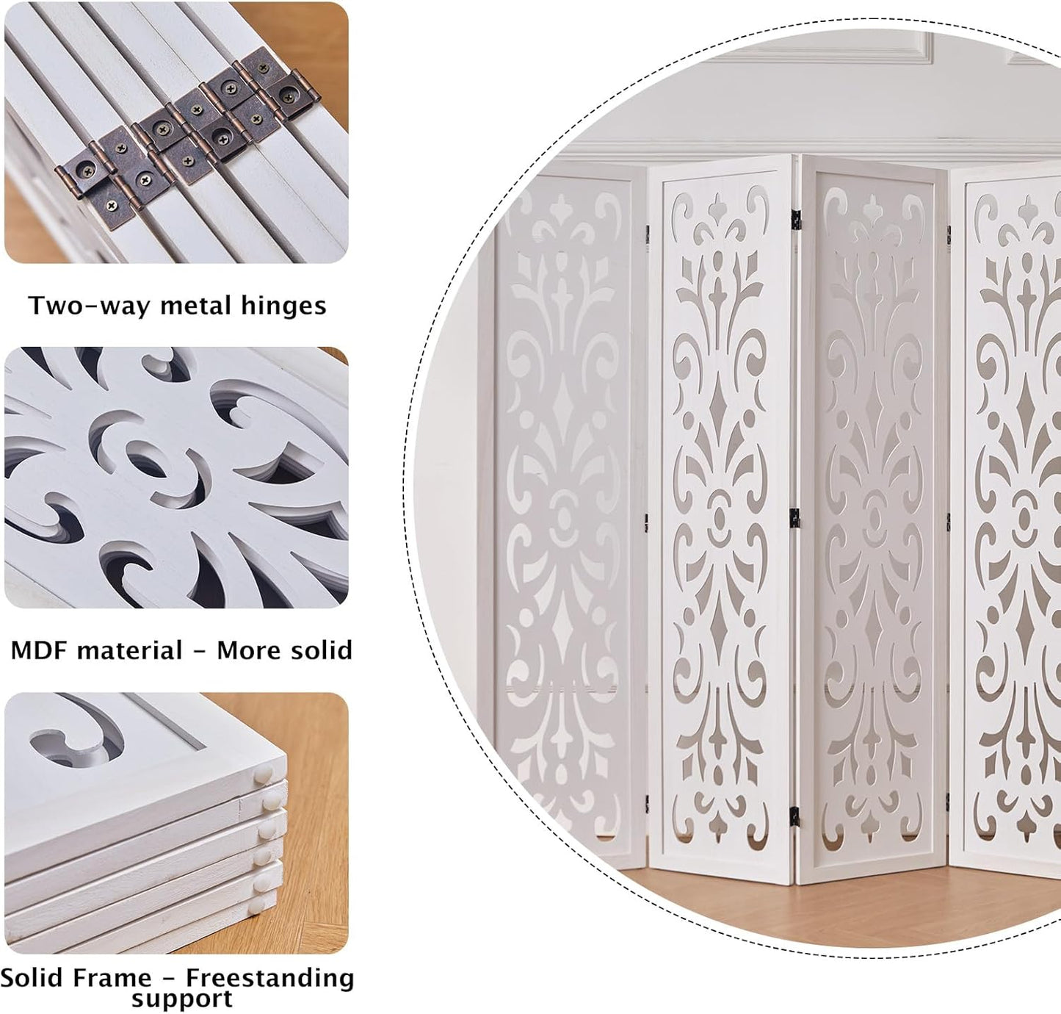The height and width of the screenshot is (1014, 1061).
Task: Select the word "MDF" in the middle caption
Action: pos(37,650)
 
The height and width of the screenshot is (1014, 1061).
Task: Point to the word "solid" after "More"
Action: pos(317,650)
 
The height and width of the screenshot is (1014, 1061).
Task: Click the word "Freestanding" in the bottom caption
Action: pos(269,978)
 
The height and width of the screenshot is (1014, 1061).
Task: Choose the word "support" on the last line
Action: pos(181,999)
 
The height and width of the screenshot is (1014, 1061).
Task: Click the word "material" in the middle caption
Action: pos(130,650)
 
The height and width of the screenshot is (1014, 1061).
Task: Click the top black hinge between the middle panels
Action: pos(795,217)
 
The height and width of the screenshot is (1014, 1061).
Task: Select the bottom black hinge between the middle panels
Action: pos(794,815)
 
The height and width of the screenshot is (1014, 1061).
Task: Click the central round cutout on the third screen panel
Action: pos(874,518)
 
